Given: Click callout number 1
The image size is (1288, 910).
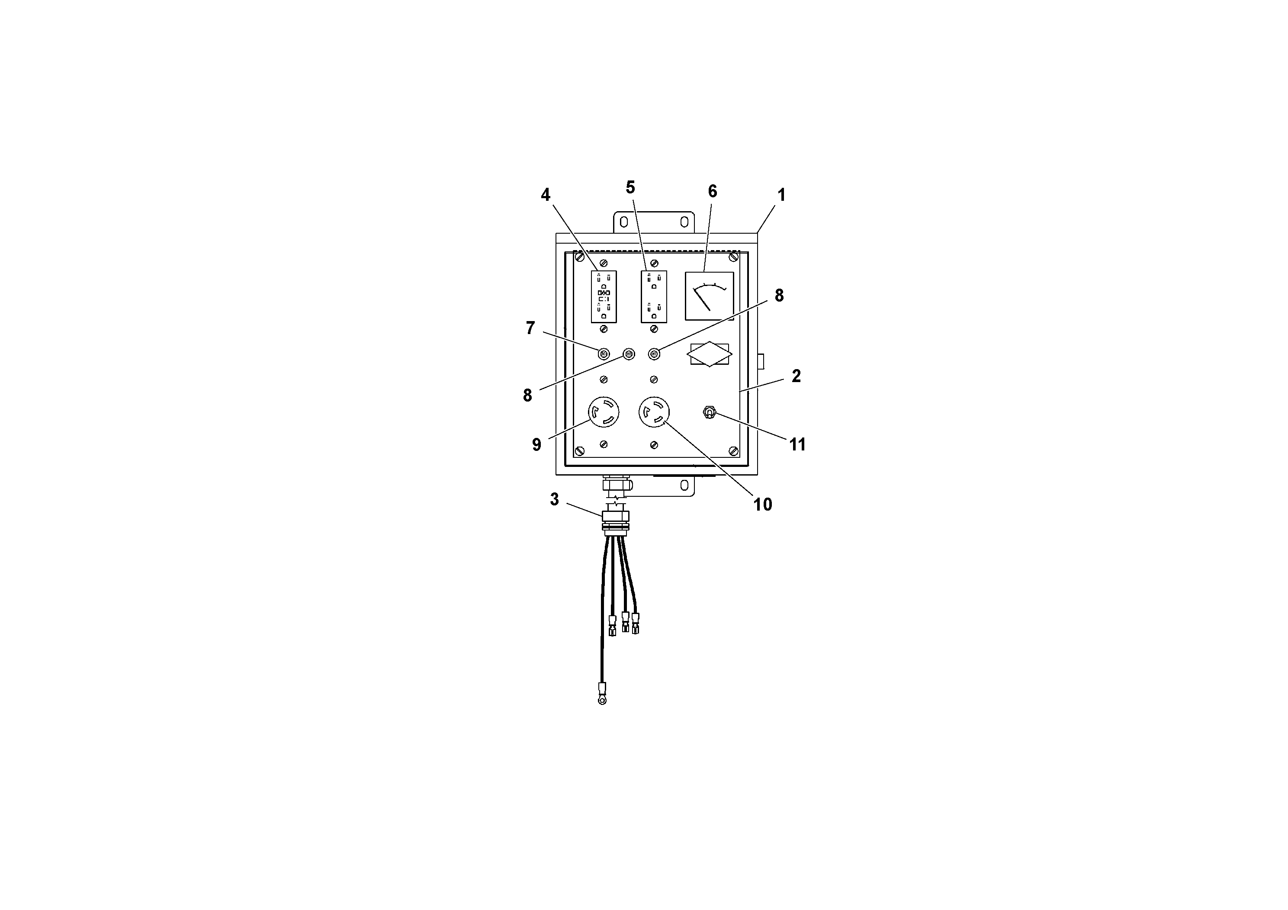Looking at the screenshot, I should (781, 195).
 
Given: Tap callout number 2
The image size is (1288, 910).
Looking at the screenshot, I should (796, 376).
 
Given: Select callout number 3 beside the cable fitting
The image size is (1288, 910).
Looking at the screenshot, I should (554, 499).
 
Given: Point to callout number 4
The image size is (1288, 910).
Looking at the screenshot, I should (545, 195).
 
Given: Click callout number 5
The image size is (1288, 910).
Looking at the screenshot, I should (630, 187).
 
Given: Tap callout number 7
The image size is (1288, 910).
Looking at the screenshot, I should (530, 328).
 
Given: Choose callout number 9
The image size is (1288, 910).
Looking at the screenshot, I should (536, 444).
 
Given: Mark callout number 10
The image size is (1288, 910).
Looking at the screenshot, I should (762, 505).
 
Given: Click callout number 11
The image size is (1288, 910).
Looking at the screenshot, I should (797, 444).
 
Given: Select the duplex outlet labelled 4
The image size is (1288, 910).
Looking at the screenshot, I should (604, 297).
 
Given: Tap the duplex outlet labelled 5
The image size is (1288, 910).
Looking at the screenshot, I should (654, 297).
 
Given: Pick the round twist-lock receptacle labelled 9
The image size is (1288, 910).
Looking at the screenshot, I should (604, 412).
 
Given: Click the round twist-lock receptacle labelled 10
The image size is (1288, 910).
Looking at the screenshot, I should (654, 412).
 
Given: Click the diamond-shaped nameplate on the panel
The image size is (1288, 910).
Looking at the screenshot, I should (710, 354).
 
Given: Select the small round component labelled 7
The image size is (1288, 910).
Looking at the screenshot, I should (604, 354).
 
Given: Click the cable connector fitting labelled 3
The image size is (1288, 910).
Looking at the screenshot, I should (615, 519).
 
